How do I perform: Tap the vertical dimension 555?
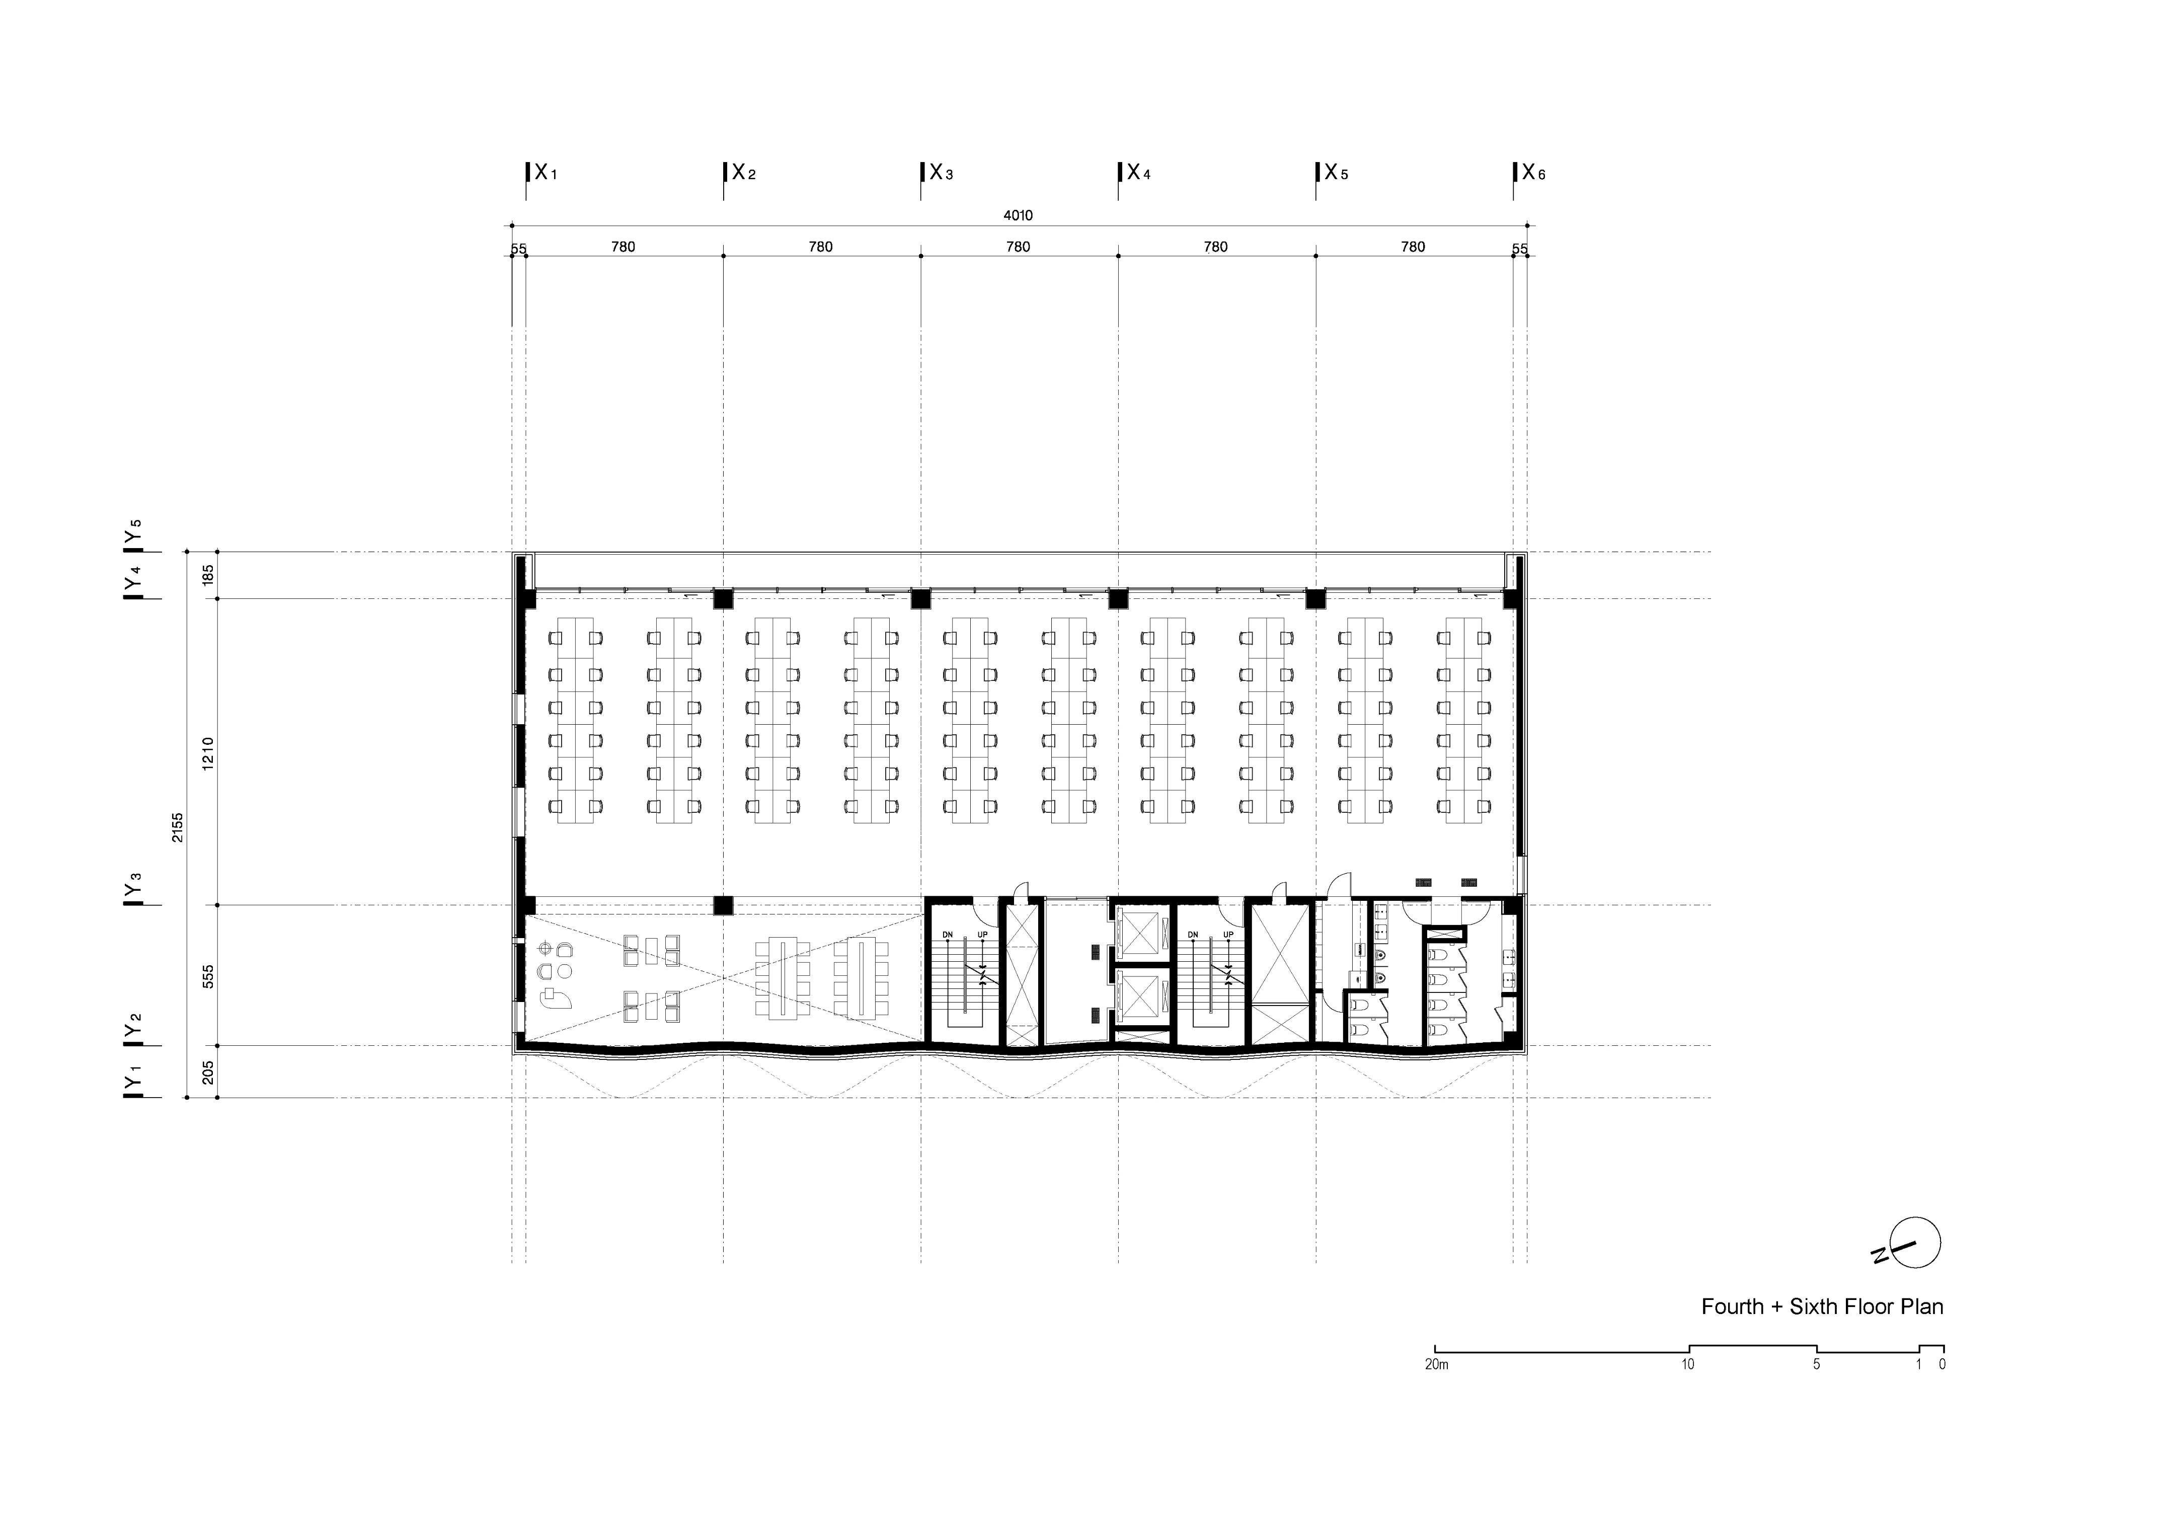[208, 976]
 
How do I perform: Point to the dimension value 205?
[208, 1072]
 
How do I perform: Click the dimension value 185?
[208, 575]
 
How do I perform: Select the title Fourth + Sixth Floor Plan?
[1822, 1307]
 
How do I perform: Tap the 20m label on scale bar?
[1436, 1365]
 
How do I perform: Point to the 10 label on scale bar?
[1688, 1365]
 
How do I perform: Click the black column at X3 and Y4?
[920, 598]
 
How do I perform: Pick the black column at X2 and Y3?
[723, 905]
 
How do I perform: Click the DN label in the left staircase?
[947, 935]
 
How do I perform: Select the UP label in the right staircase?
[1228, 935]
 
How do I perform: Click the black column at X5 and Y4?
[1315, 598]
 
